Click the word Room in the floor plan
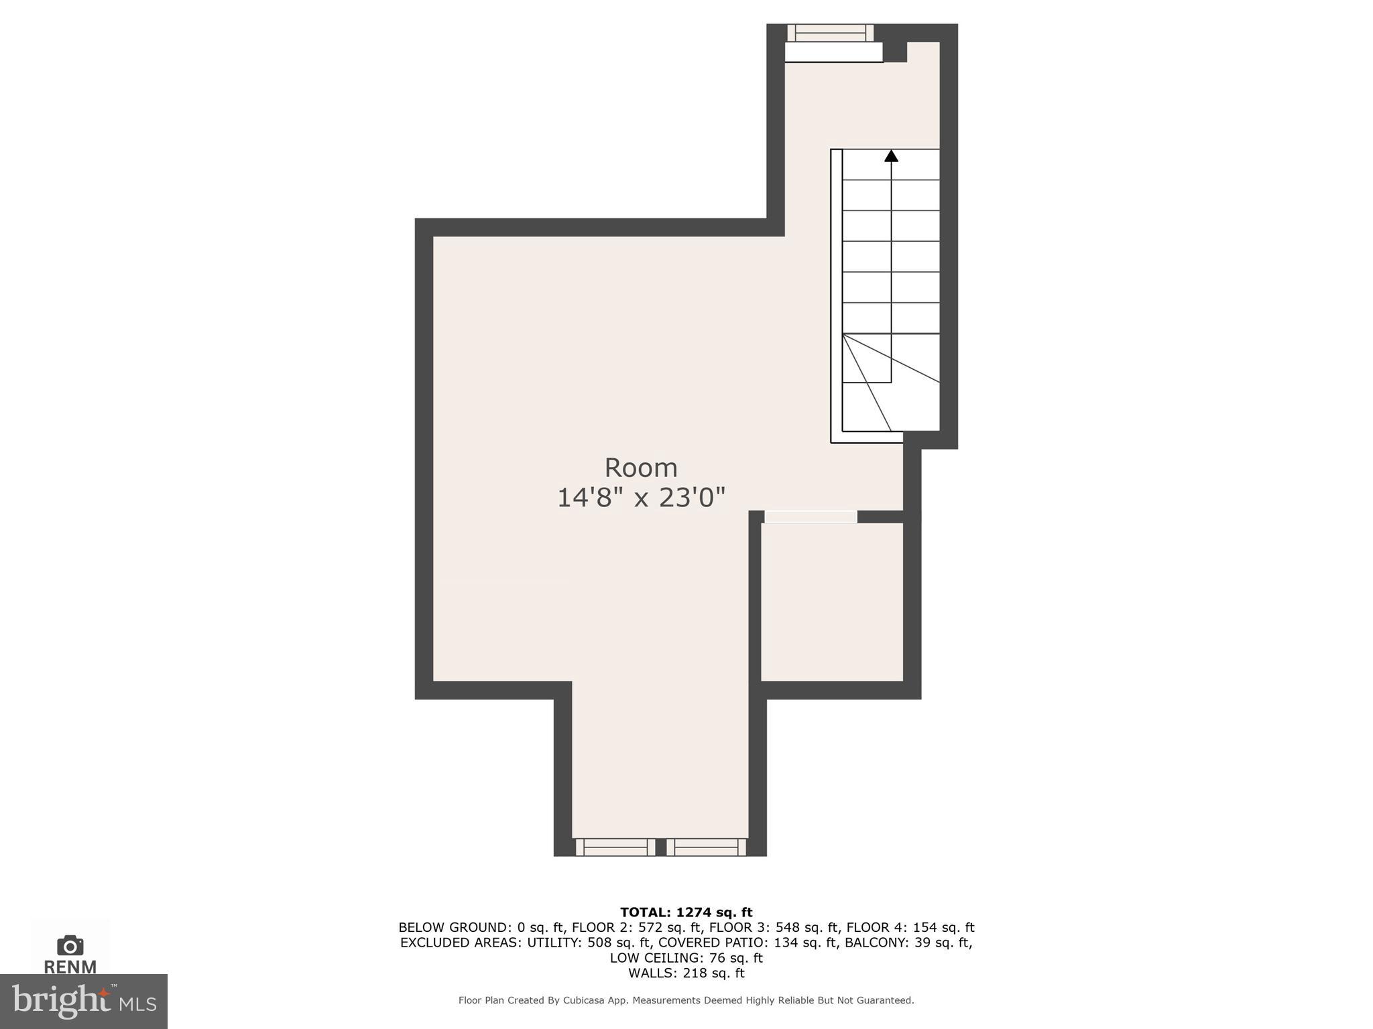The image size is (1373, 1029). click(x=641, y=468)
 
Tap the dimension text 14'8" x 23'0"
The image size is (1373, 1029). click(x=641, y=498)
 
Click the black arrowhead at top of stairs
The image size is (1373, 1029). click(x=891, y=156)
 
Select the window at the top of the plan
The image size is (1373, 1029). click(x=830, y=33)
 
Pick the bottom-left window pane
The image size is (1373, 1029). click(x=615, y=847)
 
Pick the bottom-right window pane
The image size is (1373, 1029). click(x=706, y=847)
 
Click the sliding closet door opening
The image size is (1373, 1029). click(x=811, y=517)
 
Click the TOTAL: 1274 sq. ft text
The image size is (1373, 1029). click(x=686, y=912)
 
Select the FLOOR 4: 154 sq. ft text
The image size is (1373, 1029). click(x=910, y=928)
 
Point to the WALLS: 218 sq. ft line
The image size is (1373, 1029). click(x=686, y=973)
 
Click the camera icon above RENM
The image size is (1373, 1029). click(x=70, y=946)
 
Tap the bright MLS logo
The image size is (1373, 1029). click(x=83, y=1001)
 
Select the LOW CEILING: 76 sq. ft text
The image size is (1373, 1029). click(x=686, y=958)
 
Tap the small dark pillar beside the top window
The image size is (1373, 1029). click(x=894, y=52)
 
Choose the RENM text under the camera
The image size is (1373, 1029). click(x=70, y=967)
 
